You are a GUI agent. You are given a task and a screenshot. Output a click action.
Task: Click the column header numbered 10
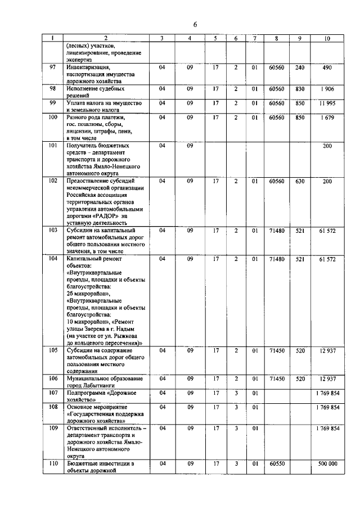coord(327,38)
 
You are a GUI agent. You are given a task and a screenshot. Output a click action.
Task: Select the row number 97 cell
coord(52,67)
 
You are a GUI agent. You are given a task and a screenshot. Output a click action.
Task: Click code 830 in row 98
coord(299,89)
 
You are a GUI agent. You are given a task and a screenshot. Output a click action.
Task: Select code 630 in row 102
coord(299,181)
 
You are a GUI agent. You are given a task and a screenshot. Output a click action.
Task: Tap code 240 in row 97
coord(299,67)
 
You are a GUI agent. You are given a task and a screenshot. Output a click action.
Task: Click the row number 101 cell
coord(52,146)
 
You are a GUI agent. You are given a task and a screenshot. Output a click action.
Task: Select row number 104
coord(52,259)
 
